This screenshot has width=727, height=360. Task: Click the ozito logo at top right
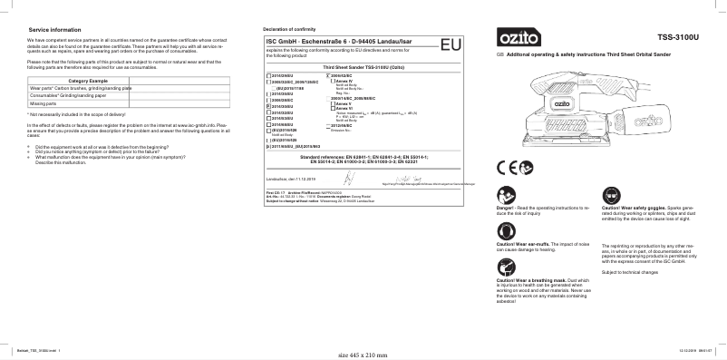(x=515, y=40)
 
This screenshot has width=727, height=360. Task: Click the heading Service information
(x=56, y=30)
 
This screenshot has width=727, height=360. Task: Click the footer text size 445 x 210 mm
(x=362, y=355)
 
